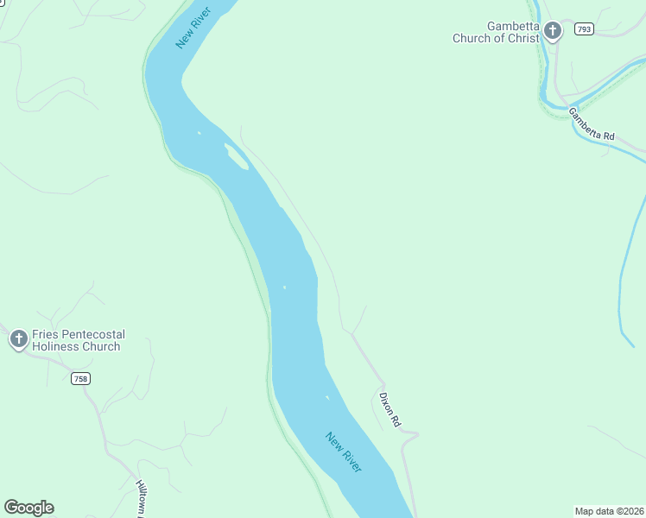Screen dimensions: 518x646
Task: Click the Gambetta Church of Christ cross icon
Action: [x=553, y=32]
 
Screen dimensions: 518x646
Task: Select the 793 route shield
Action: [x=585, y=29]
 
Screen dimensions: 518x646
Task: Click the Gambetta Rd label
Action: [x=592, y=124]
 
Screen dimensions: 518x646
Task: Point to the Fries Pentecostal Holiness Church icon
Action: [x=18, y=339]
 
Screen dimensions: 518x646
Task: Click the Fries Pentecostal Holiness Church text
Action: [x=78, y=340]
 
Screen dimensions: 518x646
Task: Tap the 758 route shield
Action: [x=80, y=378]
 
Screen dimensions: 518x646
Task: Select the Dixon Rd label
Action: [x=389, y=410]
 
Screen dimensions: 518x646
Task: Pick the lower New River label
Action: [x=344, y=452]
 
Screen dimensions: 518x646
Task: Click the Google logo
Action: [x=28, y=508]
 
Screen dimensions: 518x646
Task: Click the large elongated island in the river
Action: [x=236, y=156]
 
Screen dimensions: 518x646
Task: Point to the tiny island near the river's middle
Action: [x=284, y=287]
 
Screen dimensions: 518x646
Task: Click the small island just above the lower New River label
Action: [x=326, y=398]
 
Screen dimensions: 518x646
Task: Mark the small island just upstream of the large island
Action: [x=199, y=133]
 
